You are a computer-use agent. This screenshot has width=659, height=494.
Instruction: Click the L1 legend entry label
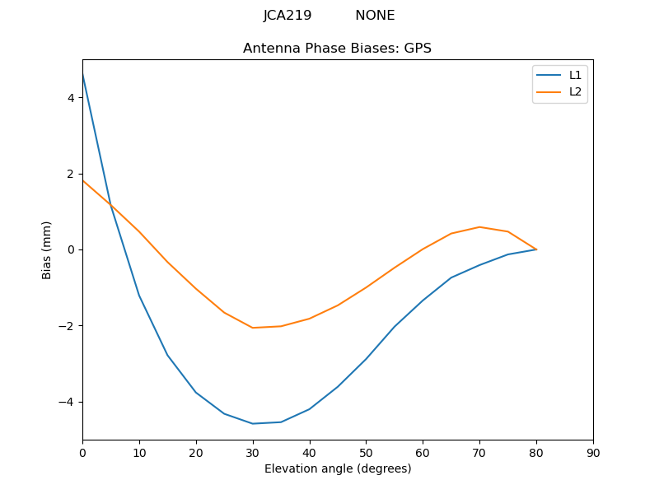click(575, 75)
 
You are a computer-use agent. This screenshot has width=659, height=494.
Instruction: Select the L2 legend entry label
click(575, 91)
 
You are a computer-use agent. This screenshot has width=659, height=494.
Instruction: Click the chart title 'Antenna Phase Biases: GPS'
click(337, 49)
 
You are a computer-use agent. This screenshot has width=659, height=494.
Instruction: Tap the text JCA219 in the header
click(287, 16)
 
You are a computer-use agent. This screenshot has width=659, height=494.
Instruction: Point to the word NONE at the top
click(375, 16)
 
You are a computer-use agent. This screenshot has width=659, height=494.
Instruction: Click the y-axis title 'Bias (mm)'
click(47, 249)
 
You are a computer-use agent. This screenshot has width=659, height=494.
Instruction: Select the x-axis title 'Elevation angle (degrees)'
click(337, 469)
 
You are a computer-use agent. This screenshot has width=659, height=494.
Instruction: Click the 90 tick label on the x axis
click(593, 453)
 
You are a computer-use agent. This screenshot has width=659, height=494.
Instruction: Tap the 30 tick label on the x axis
click(253, 453)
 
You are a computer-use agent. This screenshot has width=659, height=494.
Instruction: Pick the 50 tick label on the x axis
click(366, 453)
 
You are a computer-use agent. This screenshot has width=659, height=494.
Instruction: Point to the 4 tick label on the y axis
click(71, 97)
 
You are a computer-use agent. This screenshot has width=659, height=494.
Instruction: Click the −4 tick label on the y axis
click(67, 402)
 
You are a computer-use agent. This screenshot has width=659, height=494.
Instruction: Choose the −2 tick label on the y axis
click(67, 326)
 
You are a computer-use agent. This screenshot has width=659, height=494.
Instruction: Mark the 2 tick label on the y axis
click(71, 174)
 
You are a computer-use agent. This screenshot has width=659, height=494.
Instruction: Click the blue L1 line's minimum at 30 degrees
click(253, 423)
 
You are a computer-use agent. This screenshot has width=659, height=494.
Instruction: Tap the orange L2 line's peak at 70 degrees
click(479, 226)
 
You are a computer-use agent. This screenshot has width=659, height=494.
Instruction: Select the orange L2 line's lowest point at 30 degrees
click(253, 328)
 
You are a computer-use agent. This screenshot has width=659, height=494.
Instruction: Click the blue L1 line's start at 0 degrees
click(82, 74)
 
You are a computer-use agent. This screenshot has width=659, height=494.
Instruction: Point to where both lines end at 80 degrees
click(536, 249)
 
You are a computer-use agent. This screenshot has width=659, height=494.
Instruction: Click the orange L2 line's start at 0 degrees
click(82, 180)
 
